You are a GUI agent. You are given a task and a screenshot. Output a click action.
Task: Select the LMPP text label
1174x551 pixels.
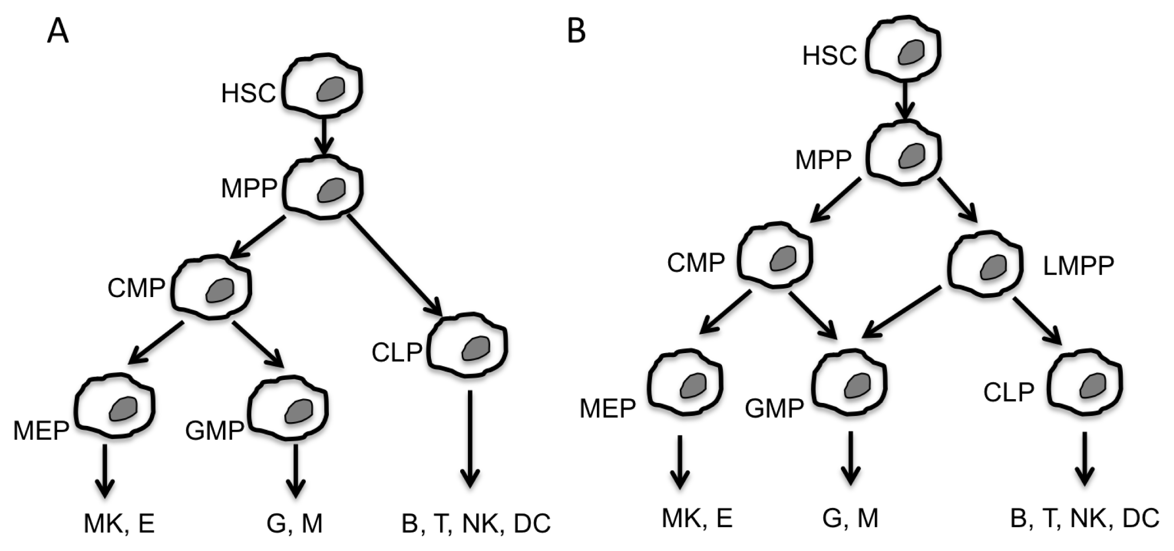click(x=1078, y=266)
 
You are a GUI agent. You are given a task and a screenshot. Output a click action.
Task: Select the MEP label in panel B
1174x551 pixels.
click(x=607, y=409)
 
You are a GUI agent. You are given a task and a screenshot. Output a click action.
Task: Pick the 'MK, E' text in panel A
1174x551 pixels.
click(x=119, y=523)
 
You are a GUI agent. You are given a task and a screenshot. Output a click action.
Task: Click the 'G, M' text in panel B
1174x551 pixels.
click(x=850, y=518)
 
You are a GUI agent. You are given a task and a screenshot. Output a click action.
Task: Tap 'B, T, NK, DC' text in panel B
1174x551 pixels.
click(x=1084, y=518)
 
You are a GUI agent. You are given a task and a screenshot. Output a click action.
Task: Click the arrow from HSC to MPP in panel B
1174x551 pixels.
click(x=904, y=101)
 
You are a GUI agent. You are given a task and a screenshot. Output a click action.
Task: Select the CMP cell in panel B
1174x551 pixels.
click(x=775, y=256)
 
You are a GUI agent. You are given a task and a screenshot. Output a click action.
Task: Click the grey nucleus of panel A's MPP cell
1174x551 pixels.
click(x=331, y=190)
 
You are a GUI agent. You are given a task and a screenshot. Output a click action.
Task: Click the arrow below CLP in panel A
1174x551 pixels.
click(x=470, y=438)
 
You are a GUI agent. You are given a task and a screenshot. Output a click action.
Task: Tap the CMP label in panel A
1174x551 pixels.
click(x=136, y=288)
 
